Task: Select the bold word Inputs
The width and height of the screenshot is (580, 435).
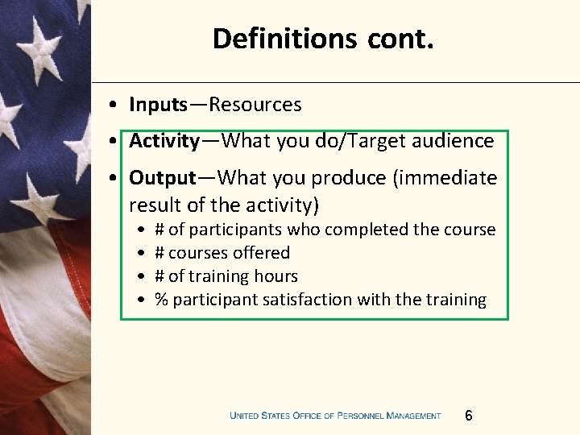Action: pyautogui.click(x=158, y=105)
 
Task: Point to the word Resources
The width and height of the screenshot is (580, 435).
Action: pyautogui.click(x=255, y=105)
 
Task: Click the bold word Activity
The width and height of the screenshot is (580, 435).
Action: pyautogui.click(x=164, y=141)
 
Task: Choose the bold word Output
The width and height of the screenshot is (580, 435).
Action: pyautogui.click(x=163, y=177)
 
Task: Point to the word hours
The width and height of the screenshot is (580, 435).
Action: pyautogui.click(x=278, y=276)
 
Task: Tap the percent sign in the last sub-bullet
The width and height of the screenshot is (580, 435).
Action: pyautogui.click(x=161, y=300)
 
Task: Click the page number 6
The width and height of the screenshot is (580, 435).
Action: pyautogui.click(x=469, y=416)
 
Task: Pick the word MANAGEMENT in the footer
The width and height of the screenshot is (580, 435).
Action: pyautogui.click(x=413, y=416)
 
